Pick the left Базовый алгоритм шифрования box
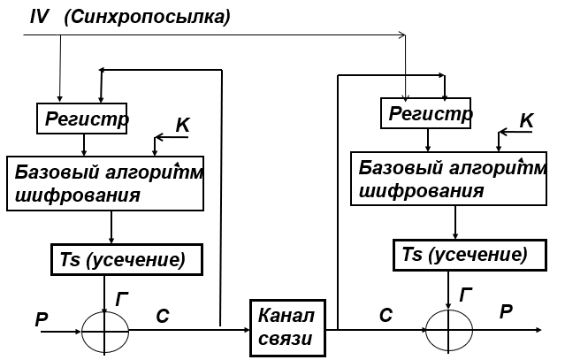[x=105, y=183]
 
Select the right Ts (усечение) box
[x=464, y=255]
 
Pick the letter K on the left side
[x=182, y=126]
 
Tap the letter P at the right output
[x=506, y=310]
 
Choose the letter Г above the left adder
[x=124, y=297]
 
